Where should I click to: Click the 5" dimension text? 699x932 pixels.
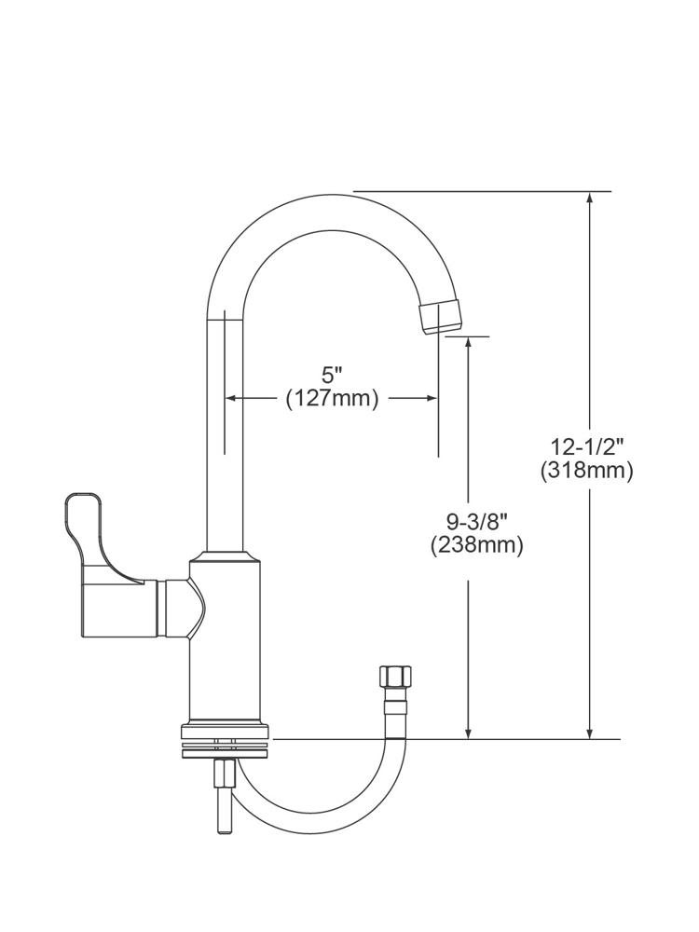pos(333,376)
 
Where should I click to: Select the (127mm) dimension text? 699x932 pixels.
pos(332,399)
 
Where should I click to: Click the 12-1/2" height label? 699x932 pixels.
pos(587,446)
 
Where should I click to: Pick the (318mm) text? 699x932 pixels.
pos(587,471)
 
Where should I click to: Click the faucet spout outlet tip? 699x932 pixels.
pos(442,317)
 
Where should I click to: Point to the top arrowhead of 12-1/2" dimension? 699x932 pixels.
pos(589,199)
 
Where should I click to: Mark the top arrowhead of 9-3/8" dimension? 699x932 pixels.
pos(469,343)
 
